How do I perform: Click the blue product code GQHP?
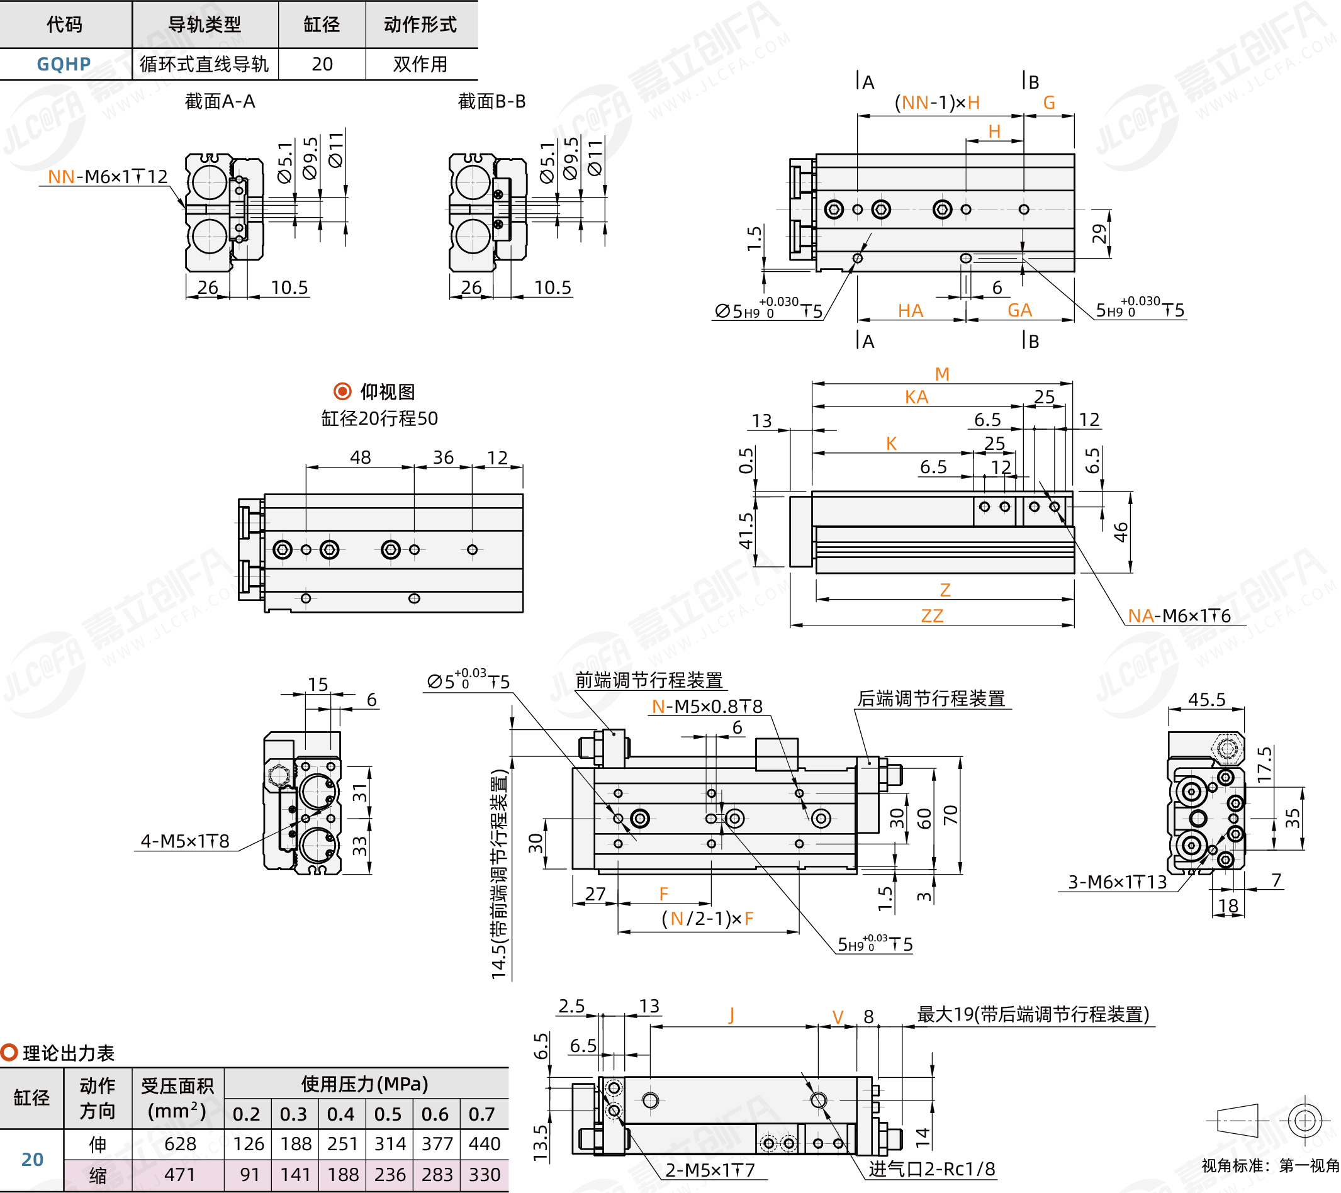pyautogui.click(x=64, y=64)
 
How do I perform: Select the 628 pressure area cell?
pyautogui.click(x=180, y=1143)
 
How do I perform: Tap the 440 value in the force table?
pyautogui.click(x=484, y=1143)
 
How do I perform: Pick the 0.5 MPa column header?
pyautogui.click(x=388, y=1114)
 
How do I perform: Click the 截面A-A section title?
pyautogui.click(x=220, y=102)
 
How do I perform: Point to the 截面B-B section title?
pyautogui.click(x=491, y=102)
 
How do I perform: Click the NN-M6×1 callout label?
pyautogui.click(x=108, y=176)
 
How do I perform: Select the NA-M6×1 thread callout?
pyautogui.click(x=1178, y=615)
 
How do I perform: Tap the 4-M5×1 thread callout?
pyautogui.click(x=185, y=841)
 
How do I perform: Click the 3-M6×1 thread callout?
pyautogui.click(x=1117, y=882)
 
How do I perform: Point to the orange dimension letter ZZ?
pyautogui.click(x=931, y=616)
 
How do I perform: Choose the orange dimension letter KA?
pyautogui.click(x=916, y=397)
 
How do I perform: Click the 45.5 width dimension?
pyautogui.click(x=1206, y=699)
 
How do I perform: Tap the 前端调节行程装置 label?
pyautogui.click(x=649, y=680)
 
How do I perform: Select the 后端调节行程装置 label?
pyautogui.click(x=931, y=698)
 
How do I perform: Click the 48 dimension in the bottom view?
pyautogui.click(x=360, y=457)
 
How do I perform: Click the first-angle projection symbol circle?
pyautogui.click(x=1305, y=1120)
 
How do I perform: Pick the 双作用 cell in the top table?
pyautogui.click(x=420, y=64)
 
